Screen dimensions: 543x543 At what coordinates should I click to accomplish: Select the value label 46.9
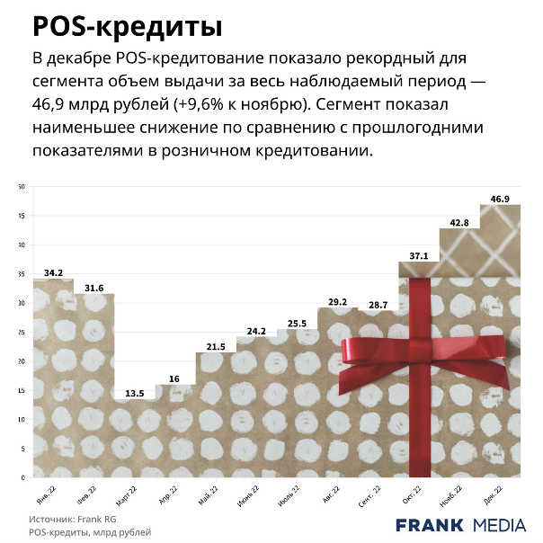coord(501,199)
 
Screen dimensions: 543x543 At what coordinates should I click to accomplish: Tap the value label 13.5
coord(135,393)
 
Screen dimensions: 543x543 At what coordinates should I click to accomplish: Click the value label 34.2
coord(53,272)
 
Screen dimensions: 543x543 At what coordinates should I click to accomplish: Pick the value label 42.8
coord(459,222)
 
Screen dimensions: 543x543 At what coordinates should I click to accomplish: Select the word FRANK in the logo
coord(430,525)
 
